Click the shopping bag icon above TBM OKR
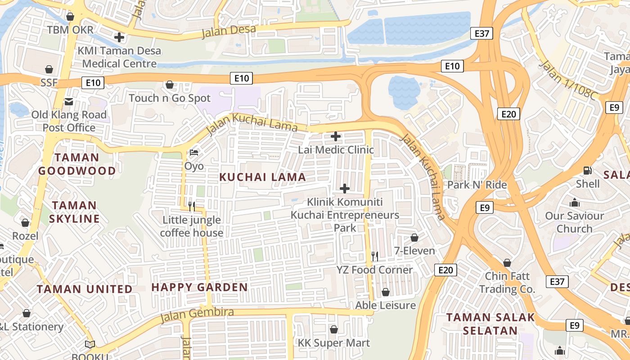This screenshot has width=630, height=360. [70, 17]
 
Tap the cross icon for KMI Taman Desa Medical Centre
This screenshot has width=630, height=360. [119, 37]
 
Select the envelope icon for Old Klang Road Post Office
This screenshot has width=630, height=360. [69, 101]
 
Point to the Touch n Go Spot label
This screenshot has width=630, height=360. [170, 98]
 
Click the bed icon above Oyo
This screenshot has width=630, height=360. [194, 153]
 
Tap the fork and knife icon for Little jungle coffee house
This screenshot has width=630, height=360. [192, 207]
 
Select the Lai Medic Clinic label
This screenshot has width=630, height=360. [336, 149]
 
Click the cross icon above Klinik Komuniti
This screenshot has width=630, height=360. [345, 189]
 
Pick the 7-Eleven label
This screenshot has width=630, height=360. [414, 251]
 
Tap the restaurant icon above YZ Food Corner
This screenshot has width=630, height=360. [374, 256]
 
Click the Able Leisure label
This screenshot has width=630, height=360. [385, 305]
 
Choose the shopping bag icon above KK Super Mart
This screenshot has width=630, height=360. [334, 329]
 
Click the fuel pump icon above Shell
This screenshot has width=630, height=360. [587, 170]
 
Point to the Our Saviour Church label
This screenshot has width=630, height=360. [574, 222]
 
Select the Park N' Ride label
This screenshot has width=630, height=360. [477, 185]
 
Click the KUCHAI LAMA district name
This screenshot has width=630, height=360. [262, 177]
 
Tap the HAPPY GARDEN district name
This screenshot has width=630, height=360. [199, 287]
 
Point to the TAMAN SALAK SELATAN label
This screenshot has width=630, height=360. [490, 324]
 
